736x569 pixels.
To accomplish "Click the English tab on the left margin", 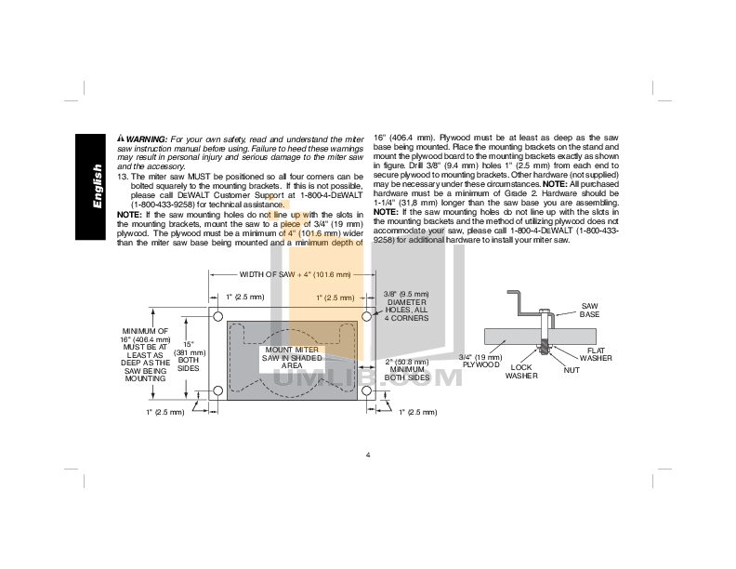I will tap(96, 185).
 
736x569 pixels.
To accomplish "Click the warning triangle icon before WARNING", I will tap(121, 139).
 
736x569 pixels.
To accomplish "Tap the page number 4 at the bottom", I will tap(368, 455).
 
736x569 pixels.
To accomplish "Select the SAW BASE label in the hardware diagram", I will tap(589, 310).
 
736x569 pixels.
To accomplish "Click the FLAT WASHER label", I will tap(596, 354).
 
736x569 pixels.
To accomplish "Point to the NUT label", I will tap(572, 369).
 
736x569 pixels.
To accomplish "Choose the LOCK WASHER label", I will tap(521, 372).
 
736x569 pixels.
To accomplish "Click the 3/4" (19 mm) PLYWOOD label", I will tap(480, 361).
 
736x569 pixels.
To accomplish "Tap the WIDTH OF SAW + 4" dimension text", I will tap(296, 274).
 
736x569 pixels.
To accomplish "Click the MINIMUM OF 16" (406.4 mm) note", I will tap(145, 354).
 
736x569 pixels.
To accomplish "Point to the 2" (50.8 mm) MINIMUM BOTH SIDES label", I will tap(406, 370).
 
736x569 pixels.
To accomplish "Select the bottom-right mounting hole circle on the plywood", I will tap(366, 390).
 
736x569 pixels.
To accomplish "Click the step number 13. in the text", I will tap(123, 177).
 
